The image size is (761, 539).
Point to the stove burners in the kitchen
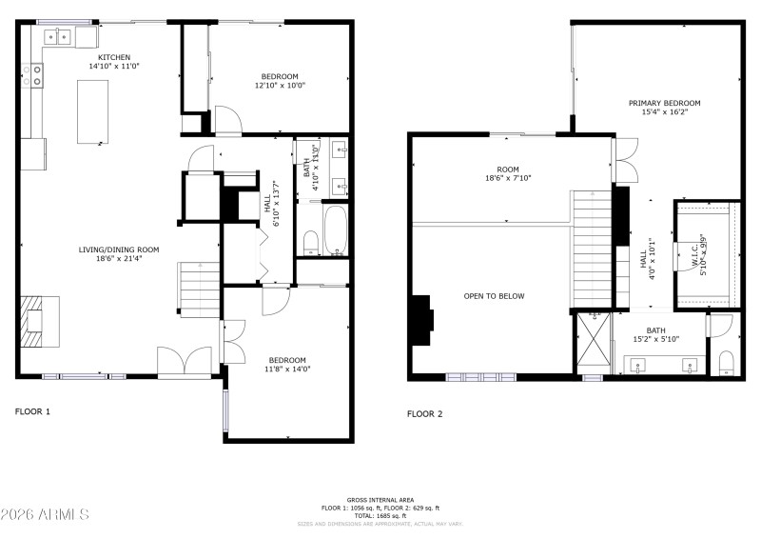coord(37,74)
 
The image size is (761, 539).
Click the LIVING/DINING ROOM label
coord(119,250)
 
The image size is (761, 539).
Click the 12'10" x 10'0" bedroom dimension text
coord(280,86)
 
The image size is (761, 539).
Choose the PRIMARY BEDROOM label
coord(664,103)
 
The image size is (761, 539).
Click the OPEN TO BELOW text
coord(494,296)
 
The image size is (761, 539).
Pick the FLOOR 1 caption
coord(32,411)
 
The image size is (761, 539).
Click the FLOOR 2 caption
coord(425,413)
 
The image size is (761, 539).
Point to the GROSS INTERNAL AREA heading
coord(380,499)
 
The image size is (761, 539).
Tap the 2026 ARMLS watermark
coord(45,515)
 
